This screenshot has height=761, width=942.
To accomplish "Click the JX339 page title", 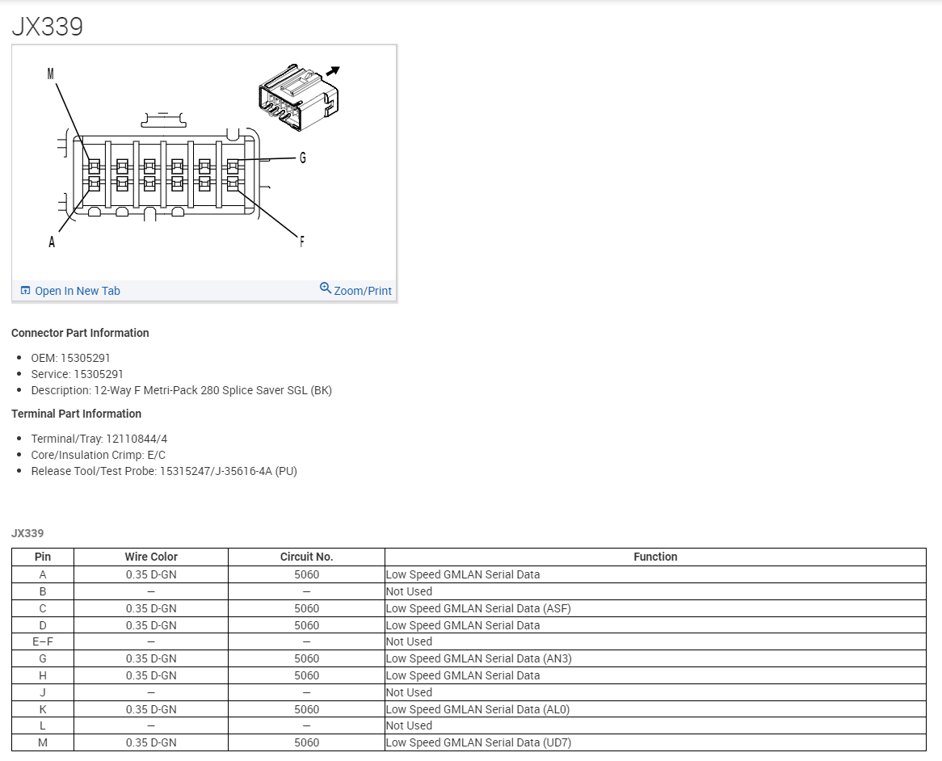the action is (x=48, y=27).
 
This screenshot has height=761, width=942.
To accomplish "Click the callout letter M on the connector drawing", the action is (x=50, y=74).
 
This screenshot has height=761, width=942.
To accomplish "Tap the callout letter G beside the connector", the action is (x=303, y=158).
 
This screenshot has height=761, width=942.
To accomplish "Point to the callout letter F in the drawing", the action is (x=302, y=241).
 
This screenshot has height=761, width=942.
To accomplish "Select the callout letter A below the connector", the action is (x=52, y=242).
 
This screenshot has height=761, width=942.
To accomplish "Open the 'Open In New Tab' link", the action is (x=77, y=291).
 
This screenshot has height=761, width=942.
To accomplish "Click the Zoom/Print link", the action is (x=362, y=291).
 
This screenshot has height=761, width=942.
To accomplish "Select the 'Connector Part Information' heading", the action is (x=80, y=333).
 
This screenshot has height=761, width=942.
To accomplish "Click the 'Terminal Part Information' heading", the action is (x=76, y=414).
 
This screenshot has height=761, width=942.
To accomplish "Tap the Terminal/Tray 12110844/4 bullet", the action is (x=99, y=439).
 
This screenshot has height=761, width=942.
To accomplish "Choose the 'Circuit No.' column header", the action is (x=306, y=557).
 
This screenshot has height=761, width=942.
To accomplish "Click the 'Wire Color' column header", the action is (x=151, y=557).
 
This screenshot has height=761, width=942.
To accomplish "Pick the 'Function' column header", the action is (x=655, y=557).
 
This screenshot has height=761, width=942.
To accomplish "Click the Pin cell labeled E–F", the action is (x=43, y=641).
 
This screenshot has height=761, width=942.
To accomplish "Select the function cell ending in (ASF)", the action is (x=478, y=608).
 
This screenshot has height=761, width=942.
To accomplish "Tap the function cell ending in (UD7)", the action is (x=478, y=742).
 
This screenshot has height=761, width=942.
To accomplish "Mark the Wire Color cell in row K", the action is (x=151, y=709).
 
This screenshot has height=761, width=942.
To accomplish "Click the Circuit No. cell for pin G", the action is (x=306, y=658).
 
